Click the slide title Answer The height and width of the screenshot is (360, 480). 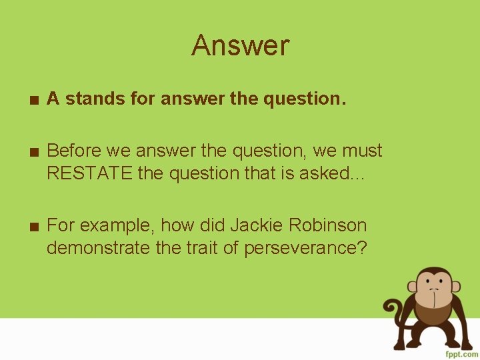(240, 46)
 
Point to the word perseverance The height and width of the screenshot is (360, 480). (305, 248)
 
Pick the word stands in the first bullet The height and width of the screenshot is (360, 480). (90, 99)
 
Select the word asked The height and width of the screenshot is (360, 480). (343, 173)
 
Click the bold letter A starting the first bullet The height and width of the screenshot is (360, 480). (53, 99)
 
